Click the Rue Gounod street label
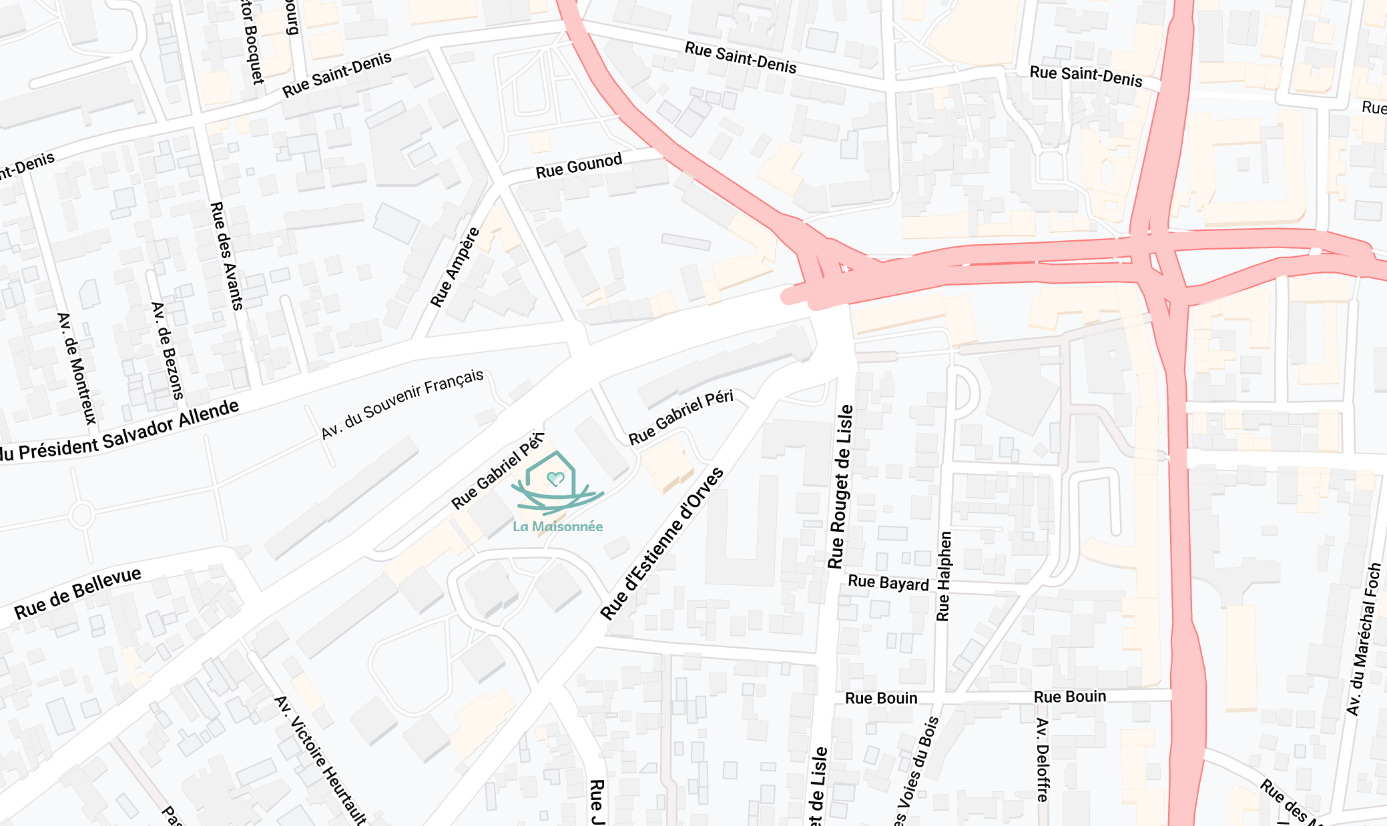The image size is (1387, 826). click(x=579, y=165)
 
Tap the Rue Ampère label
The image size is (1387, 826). click(x=455, y=268)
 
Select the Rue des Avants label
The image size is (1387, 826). click(x=226, y=256)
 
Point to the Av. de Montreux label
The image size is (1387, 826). click(x=77, y=368)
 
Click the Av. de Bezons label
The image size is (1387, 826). click(x=167, y=350)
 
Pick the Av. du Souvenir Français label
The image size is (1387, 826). click(x=402, y=404)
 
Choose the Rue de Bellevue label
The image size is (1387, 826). click(x=77, y=592)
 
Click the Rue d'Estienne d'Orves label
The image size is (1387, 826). click(x=661, y=544)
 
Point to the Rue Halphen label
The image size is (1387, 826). click(x=943, y=576)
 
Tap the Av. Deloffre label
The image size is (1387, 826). click(x=1043, y=759)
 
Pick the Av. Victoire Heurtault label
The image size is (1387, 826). click(x=320, y=760)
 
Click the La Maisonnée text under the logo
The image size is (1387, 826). click(x=557, y=526)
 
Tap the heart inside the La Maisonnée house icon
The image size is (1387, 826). click(x=555, y=478)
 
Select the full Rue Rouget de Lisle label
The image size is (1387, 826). click(x=840, y=486)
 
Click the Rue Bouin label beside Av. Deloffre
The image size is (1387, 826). click(x=1069, y=697)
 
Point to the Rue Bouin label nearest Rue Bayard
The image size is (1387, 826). click(x=881, y=699)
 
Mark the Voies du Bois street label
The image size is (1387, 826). click(x=918, y=771)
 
